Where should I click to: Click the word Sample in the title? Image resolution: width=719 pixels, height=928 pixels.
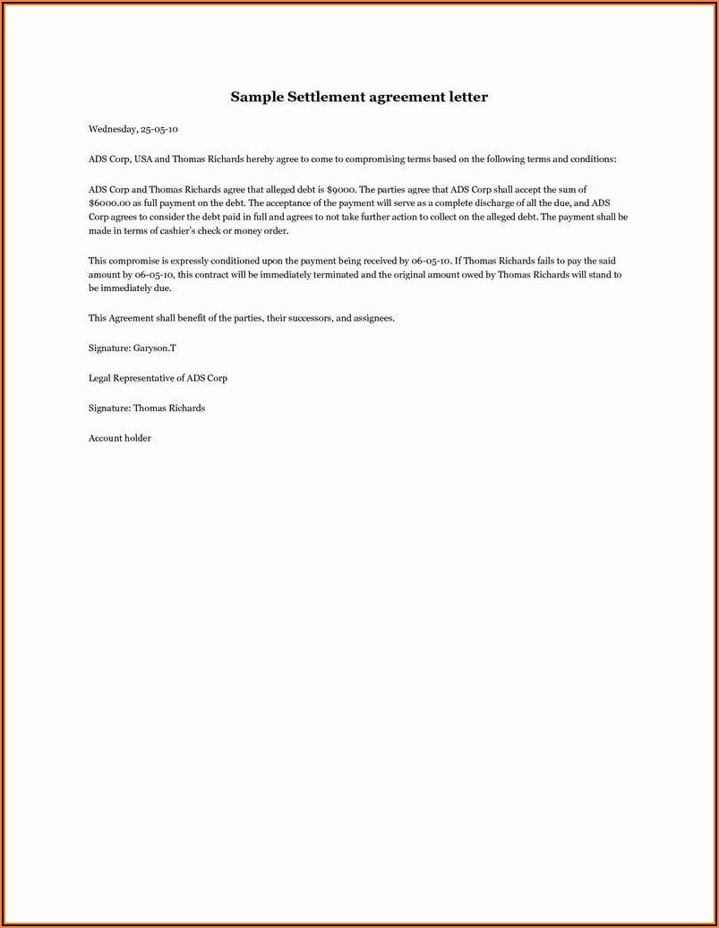[256, 97]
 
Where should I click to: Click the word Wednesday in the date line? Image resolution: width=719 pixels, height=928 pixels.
[112, 129]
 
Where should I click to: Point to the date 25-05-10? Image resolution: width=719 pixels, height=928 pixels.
[159, 129]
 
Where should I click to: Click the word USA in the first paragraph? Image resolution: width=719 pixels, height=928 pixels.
[143, 159]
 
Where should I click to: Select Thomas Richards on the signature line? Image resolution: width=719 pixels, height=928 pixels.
[169, 408]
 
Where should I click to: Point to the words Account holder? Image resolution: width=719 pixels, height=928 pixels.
[120, 438]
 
